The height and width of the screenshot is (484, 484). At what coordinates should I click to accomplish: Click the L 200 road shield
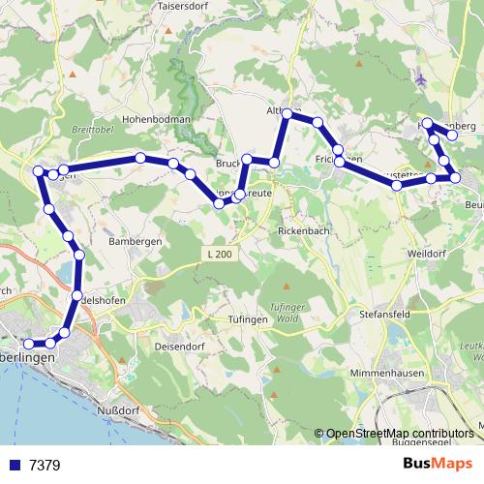[x=220, y=254]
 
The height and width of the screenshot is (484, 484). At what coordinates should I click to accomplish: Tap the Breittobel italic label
[x=93, y=127]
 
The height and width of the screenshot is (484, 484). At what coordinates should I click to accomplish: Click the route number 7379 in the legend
[x=45, y=466]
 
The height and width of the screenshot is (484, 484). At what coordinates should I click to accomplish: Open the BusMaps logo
[x=438, y=465]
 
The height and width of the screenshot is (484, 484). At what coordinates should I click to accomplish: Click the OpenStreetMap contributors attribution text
[x=401, y=434]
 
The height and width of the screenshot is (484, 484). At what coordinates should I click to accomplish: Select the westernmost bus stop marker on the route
[x=28, y=344]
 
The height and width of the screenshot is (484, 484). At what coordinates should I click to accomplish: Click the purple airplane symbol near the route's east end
[x=419, y=77]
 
